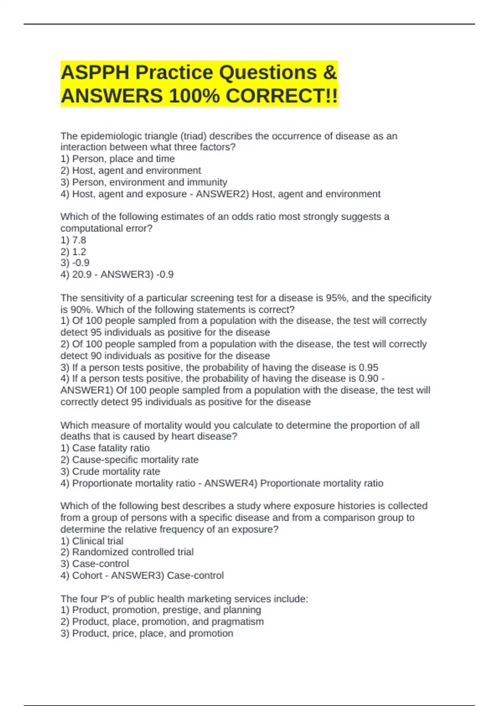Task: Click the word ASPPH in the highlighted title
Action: pos(95,73)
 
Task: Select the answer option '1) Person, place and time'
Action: pos(118,159)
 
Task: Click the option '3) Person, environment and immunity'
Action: pos(144,182)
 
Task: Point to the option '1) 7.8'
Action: pos(73,240)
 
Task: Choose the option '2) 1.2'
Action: pos(73,252)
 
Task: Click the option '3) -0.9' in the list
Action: pos(75,263)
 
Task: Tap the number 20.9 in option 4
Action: pos(82,275)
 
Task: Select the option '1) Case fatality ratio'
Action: pos(105,448)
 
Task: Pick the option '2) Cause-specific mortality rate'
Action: pos(129,460)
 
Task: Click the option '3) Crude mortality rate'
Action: pos(110,471)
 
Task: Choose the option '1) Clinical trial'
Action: pos(92,541)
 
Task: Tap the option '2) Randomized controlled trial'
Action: pos(127,552)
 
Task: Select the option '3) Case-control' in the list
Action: pos(95,564)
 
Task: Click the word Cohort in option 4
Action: pos(87,575)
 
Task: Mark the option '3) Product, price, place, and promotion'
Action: pos(147,633)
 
